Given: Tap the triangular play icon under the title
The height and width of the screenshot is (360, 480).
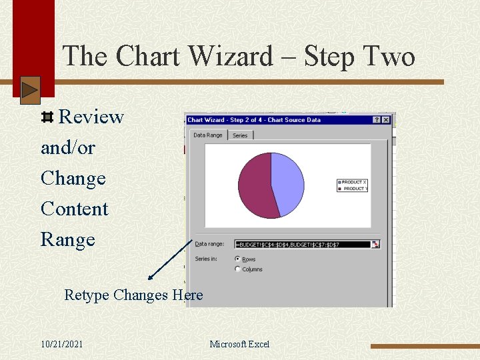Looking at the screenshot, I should pyautogui.click(x=30, y=90).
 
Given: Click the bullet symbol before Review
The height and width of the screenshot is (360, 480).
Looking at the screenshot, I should pyautogui.click(x=47, y=118).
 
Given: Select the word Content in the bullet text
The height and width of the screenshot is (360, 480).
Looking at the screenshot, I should pyautogui.click(x=74, y=209).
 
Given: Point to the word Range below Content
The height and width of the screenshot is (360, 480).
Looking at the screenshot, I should pyautogui.click(x=67, y=239).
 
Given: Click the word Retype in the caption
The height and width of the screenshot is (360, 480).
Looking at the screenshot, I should pyautogui.click(x=87, y=295).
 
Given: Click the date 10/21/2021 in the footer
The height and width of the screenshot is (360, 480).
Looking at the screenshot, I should pyautogui.click(x=61, y=344).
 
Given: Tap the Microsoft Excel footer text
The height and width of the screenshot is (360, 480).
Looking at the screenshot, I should pyautogui.click(x=239, y=344).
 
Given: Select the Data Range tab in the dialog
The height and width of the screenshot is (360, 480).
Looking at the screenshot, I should pyautogui.click(x=207, y=135).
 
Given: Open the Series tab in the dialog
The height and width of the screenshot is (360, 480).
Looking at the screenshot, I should pyautogui.click(x=240, y=135).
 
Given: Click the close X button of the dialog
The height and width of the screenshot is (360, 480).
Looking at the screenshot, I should pyautogui.click(x=386, y=120).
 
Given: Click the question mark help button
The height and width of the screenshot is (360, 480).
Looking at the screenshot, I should pyautogui.click(x=377, y=120).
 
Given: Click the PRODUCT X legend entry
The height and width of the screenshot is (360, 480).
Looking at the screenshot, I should pyautogui.click(x=353, y=182).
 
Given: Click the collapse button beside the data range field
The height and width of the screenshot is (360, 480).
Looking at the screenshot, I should pyautogui.click(x=375, y=245).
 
